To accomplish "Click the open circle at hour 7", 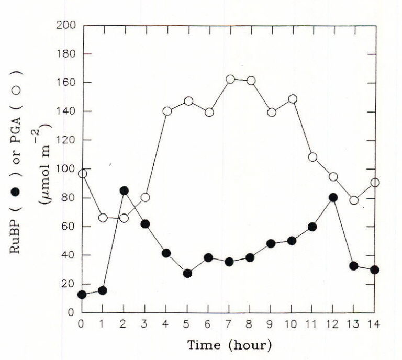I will coord(230,80).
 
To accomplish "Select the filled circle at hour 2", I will coord(124,191).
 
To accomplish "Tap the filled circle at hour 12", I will coord(333,198).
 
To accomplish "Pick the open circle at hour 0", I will coord(82,174).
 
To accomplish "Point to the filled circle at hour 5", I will coord(187,273).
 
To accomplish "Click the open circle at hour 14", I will coord(375,183).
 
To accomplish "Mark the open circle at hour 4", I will coord(167,111).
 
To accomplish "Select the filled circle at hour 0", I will coord(82,295).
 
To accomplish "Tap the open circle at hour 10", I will coord(292,99).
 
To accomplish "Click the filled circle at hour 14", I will coord(375,270).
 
